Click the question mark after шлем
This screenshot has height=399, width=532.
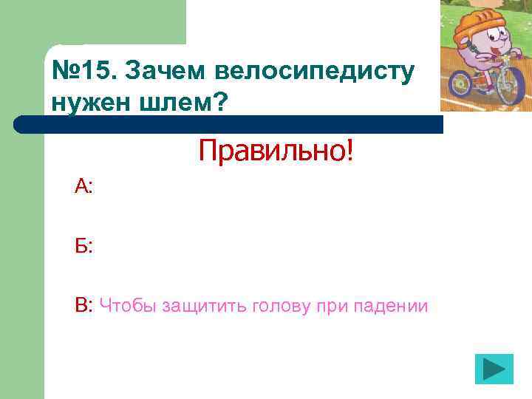pos(220,103)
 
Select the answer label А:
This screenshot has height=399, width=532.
pos(83,187)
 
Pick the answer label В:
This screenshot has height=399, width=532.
pos(83,304)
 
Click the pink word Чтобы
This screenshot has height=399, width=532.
pos(123,305)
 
